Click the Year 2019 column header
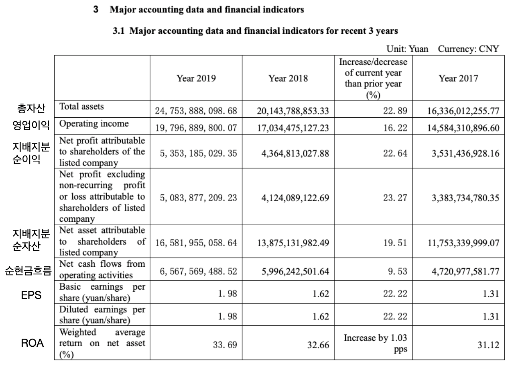click(x=196, y=78)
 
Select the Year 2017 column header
click(x=458, y=78)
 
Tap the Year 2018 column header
click(x=288, y=78)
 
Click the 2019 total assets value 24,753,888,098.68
click(x=197, y=110)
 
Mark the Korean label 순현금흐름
click(x=28, y=272)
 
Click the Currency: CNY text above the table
click(x=468, y=49)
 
